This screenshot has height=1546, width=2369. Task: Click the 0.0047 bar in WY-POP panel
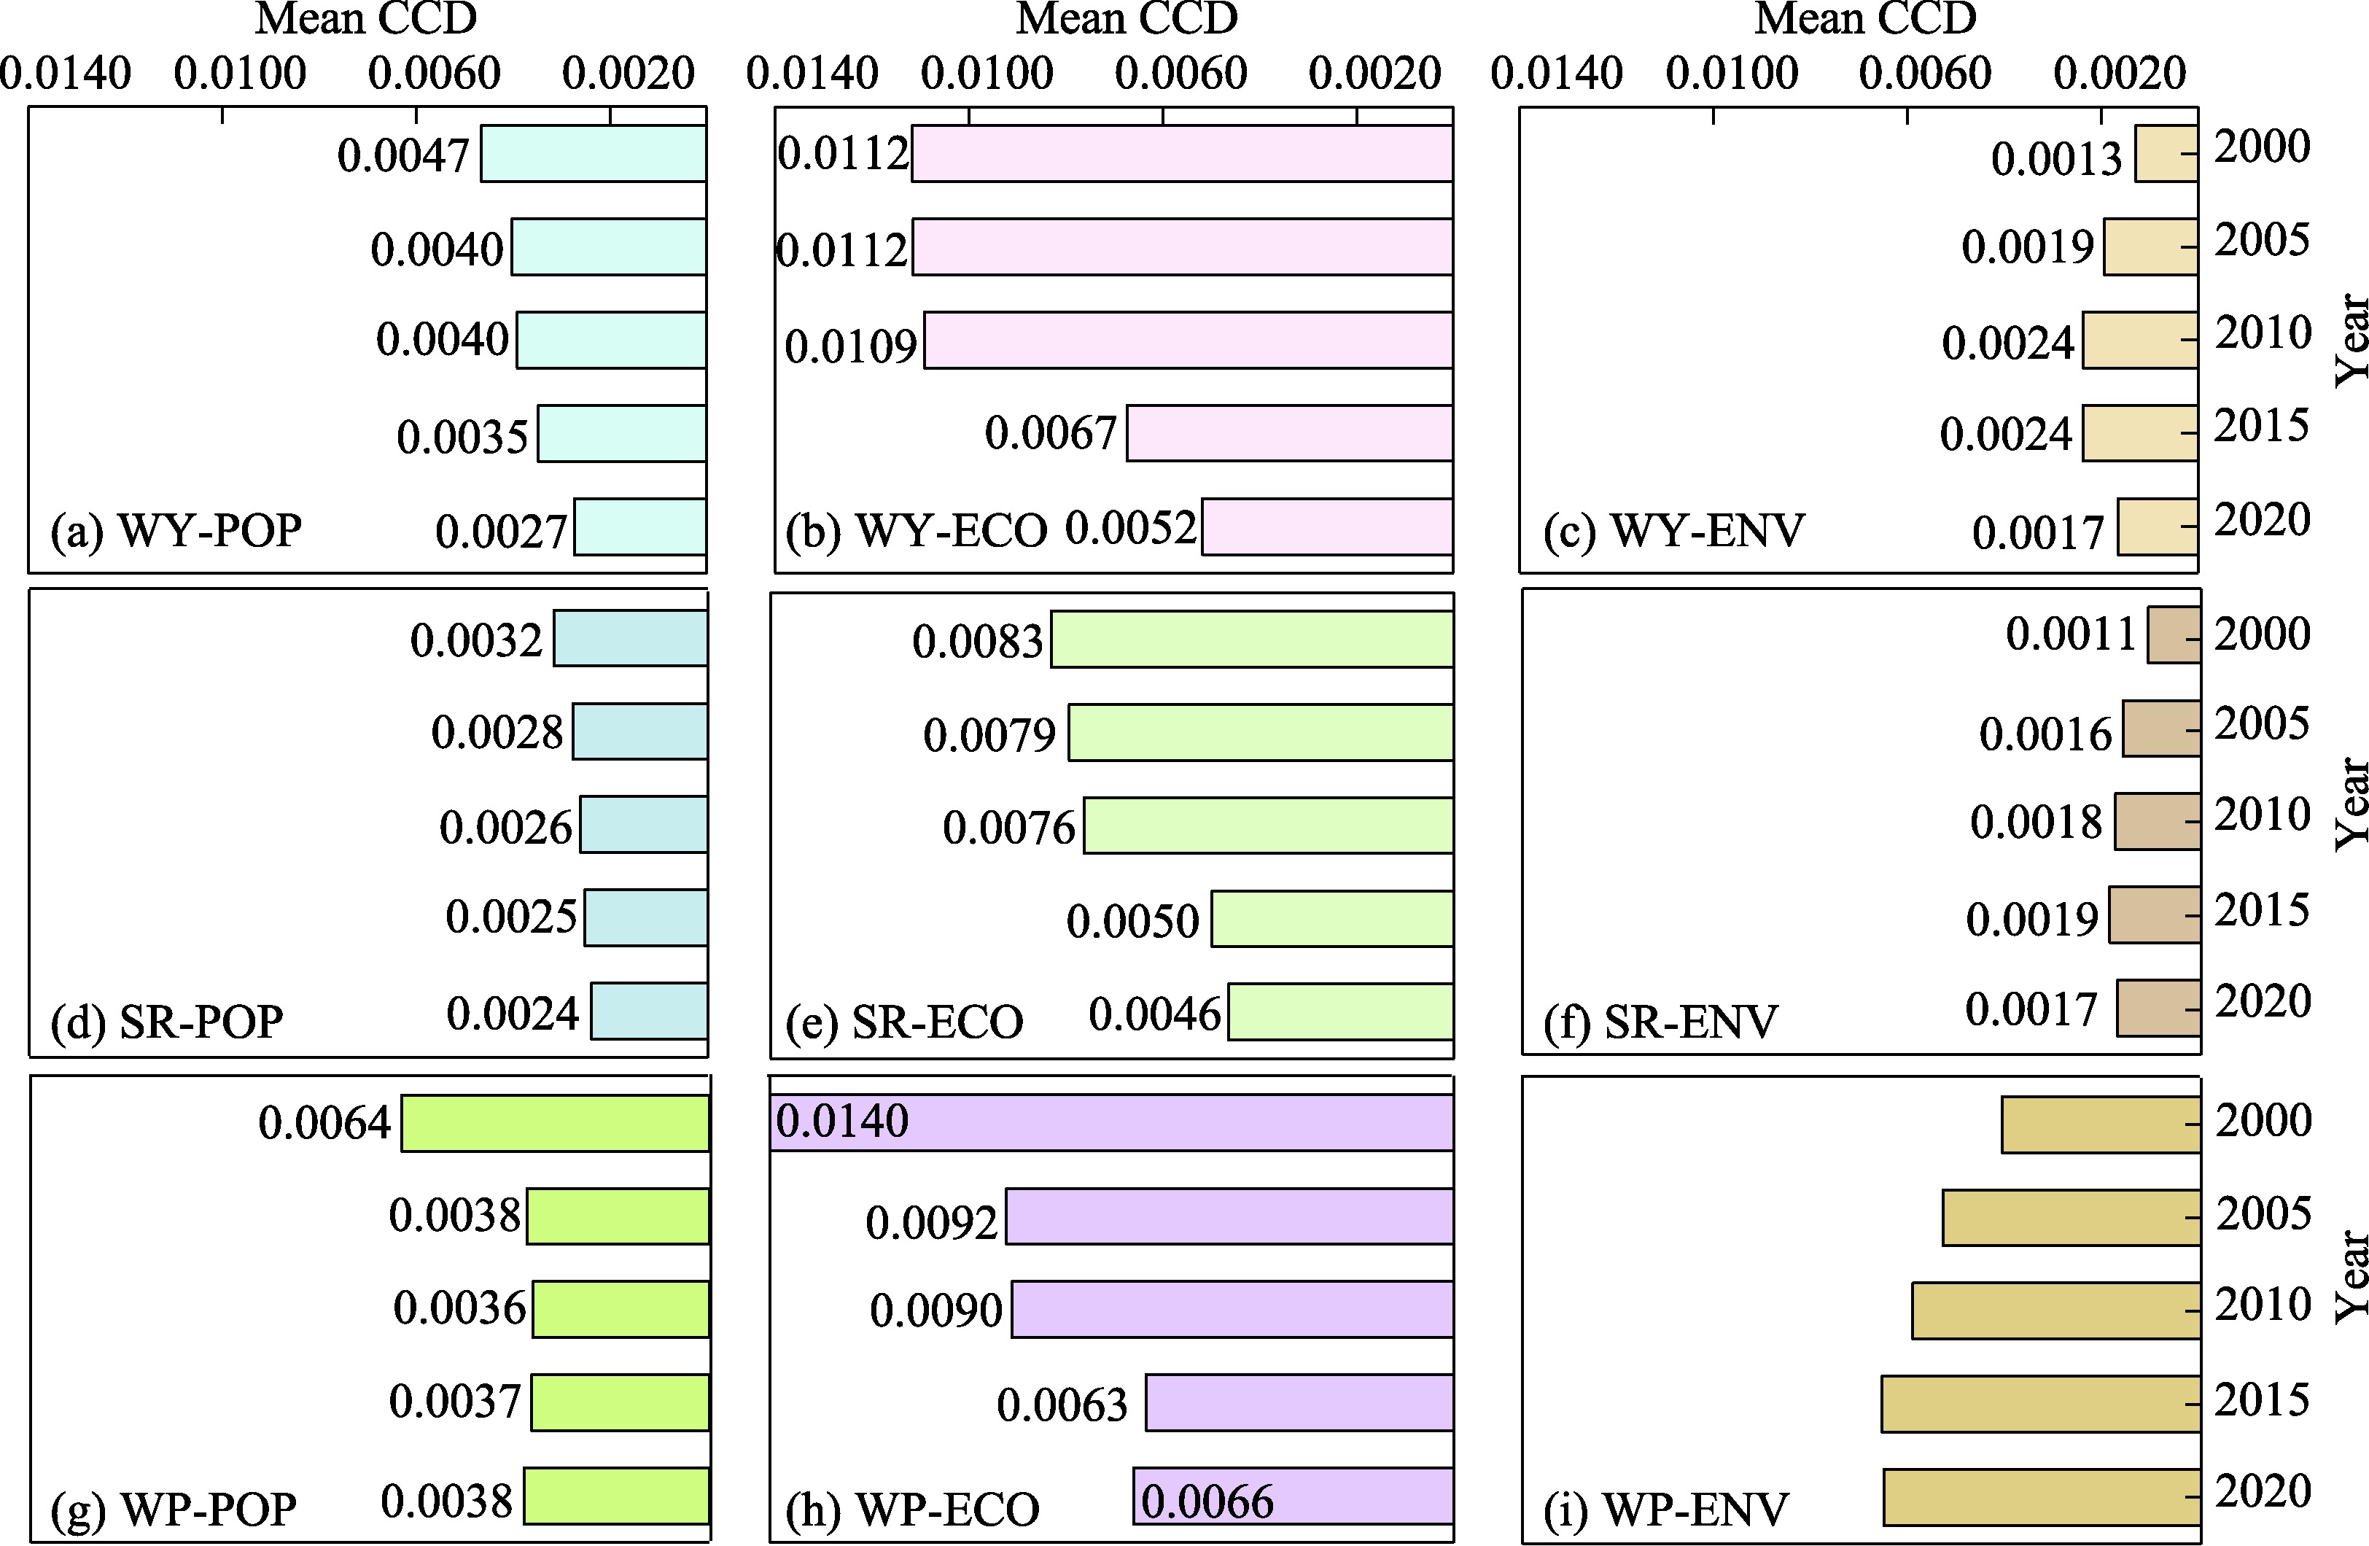[594, 153]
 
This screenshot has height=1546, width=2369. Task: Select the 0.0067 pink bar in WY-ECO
[1289, 433]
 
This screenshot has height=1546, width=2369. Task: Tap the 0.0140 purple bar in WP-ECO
[1110, 1123]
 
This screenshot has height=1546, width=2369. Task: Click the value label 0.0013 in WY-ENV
[2056, 158]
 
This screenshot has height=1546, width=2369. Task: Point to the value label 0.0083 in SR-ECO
[978, 641]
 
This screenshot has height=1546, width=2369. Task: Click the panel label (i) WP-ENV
[1665, 1509]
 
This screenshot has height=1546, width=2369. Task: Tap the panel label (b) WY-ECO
[916, 531]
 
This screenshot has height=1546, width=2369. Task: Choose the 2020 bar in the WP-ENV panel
[2042, 1496]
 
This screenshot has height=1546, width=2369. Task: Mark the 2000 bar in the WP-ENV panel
[2100, 1124]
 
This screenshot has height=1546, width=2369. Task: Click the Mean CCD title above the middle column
[1127, 18]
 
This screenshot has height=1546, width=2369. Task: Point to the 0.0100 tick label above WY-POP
[240, 73]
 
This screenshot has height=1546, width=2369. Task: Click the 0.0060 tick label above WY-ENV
[1925, 73]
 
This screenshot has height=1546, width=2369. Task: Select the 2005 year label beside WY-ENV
[2262, 240]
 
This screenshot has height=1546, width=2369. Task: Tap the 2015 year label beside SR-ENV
[2262, 910]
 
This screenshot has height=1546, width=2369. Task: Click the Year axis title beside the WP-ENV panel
[2351, 1276]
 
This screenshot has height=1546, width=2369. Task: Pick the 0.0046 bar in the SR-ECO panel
[1339, 1011]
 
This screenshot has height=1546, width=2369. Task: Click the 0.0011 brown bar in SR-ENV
[2174, 634]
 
